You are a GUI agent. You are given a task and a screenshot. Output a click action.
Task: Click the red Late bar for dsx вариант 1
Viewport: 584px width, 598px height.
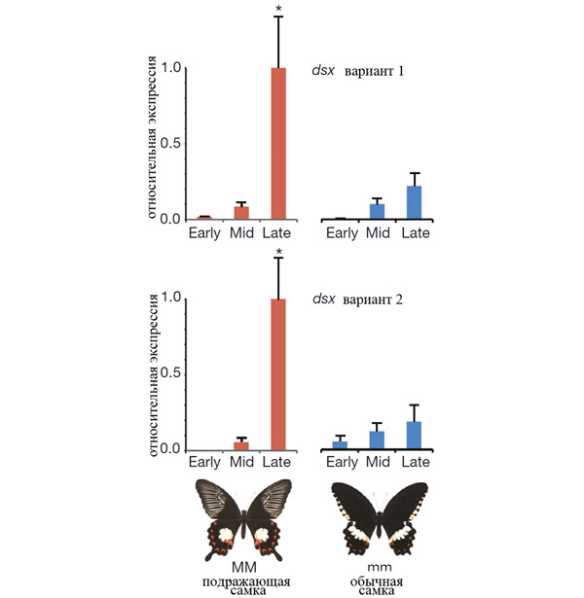(278, 144)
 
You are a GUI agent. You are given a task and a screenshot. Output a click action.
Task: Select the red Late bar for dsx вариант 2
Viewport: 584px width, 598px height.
(278, 374)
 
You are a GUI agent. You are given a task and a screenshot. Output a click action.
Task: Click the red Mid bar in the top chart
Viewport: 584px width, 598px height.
(241, 213)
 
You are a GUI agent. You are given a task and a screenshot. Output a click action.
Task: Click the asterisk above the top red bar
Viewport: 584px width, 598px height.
(278, 10)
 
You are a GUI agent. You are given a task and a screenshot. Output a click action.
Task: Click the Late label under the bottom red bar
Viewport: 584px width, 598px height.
(279, 463)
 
